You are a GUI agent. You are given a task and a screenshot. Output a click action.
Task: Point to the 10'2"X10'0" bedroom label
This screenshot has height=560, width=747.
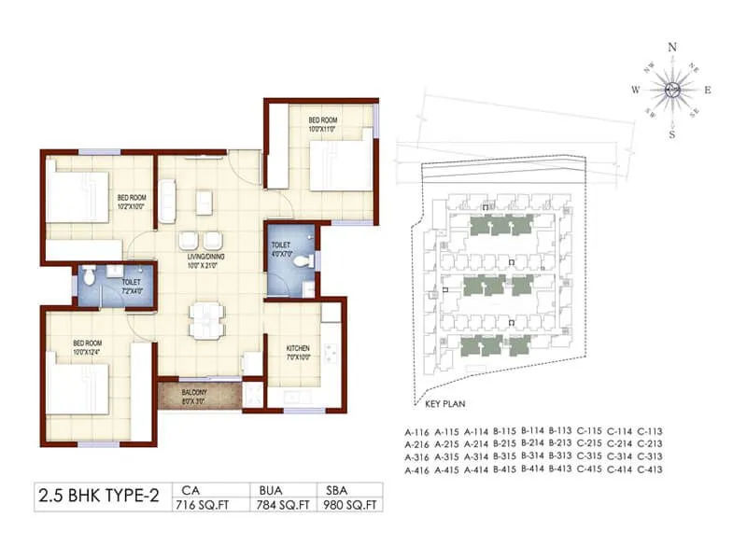(132, 202)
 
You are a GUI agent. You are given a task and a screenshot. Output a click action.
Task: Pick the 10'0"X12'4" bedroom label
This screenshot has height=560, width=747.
(88, 348)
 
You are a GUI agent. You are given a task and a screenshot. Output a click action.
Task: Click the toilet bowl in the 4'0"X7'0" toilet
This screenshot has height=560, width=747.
(302, 263)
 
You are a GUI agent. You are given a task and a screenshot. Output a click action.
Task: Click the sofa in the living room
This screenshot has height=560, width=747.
(167, 197)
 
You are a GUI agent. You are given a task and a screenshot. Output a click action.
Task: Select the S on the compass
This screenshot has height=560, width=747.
(671, 133)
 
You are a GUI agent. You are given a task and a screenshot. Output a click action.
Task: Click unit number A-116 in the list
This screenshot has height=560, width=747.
(416, 432)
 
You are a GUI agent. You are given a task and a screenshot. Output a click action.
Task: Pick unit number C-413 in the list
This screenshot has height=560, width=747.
(648, 470)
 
